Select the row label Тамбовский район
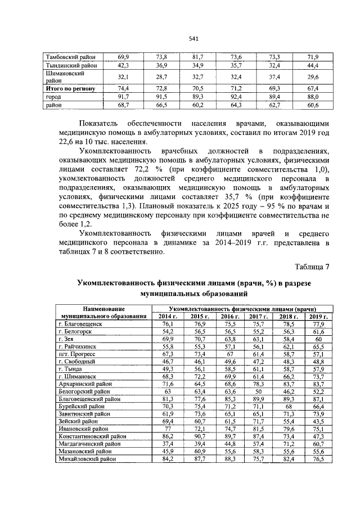[70, 57]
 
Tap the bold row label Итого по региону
[72, 89]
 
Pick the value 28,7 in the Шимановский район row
[162, 77]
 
